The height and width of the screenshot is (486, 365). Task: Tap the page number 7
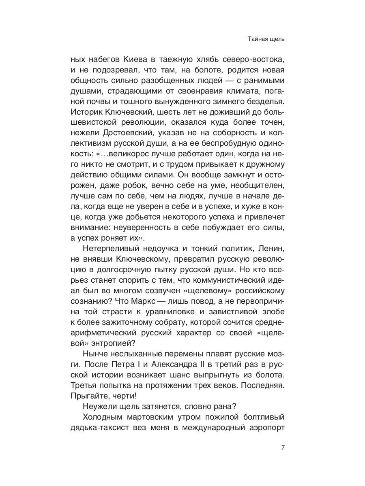[283, 448]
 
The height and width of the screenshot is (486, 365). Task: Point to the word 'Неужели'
[97, 406]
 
